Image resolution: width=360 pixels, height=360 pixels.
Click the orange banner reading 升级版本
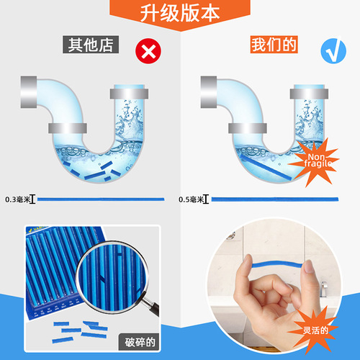[x=180, y=14]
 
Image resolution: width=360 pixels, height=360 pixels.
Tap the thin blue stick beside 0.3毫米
[x=101, y=198]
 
